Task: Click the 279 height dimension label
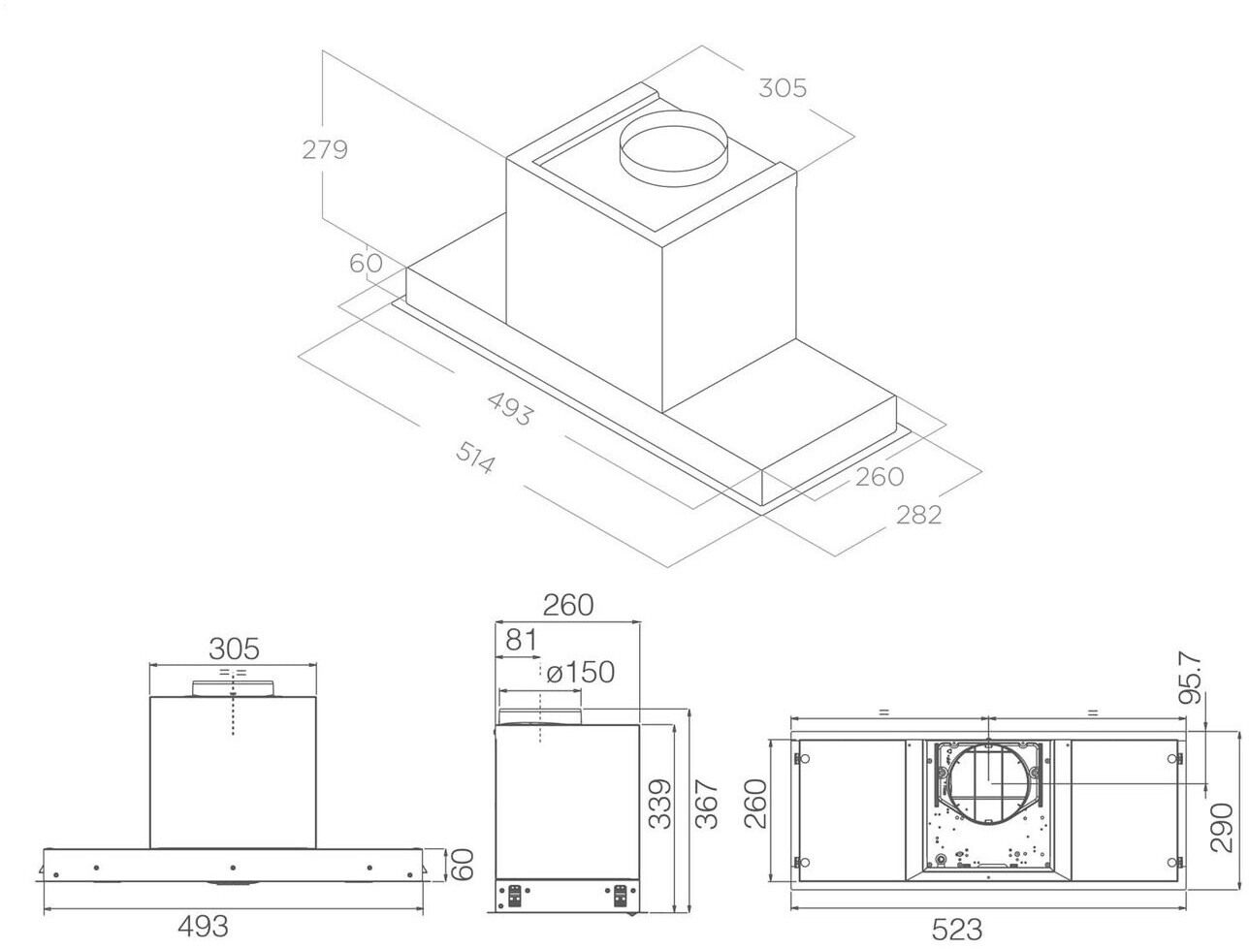tap(324, 149)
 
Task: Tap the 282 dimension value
tap(919, 515)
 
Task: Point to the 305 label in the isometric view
tap(783, 88)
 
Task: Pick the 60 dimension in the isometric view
tap(366, 263)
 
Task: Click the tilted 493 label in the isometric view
tap(510, 409)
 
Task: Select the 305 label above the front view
tap(234, 648)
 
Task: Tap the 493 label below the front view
tap(203, 927)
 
